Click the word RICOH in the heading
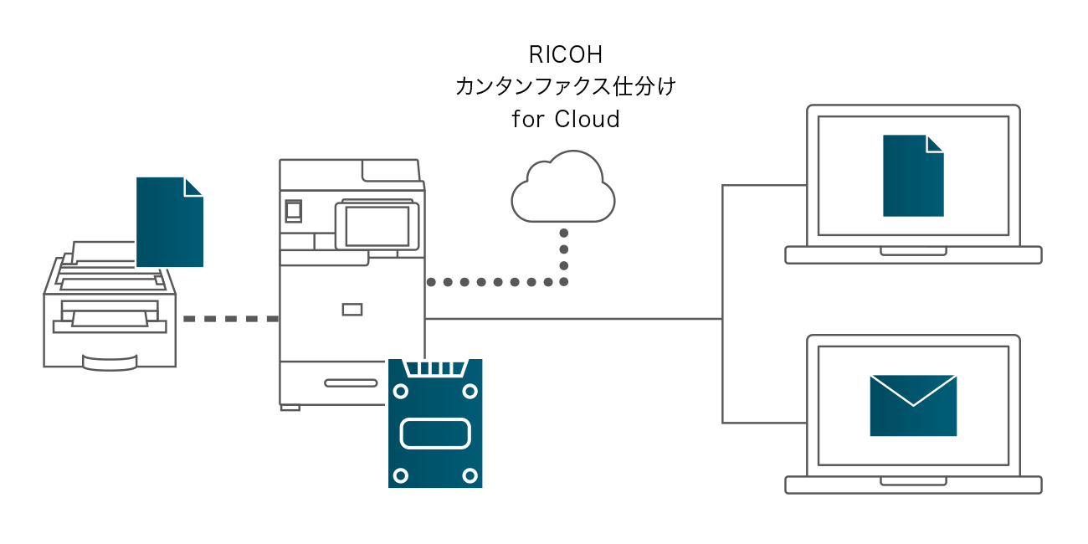tap(566, 54)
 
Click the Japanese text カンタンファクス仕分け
tap(565, 87)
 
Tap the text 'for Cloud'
tap(566, 120)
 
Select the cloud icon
tap(563, 191)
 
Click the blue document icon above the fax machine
tap(169, 223)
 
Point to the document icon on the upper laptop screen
tap(912, 176)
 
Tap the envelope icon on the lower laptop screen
tap(913, 405)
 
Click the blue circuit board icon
tap(435, 423)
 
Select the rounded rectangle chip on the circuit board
tap(435, 434)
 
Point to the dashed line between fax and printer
tap(230, 319)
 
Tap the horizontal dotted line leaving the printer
tap(494, 282)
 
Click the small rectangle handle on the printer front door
tap(352, 310)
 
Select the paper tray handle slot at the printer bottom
tap(351, 382)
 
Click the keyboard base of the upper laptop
tap(913, 254)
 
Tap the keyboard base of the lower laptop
tap(913, 485)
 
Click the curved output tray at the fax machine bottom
tap(110, 362)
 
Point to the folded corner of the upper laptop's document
tap(934, 144)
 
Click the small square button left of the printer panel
tap(293, 211)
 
